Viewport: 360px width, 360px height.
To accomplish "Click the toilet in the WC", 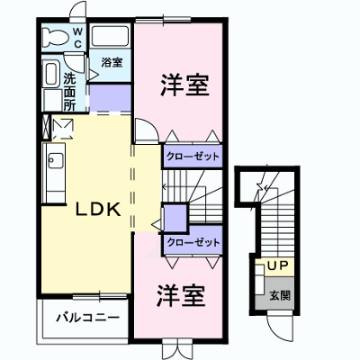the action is [55, 37].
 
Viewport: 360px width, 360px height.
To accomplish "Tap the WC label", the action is [77, 37].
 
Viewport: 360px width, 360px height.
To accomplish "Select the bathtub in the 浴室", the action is [110, 36].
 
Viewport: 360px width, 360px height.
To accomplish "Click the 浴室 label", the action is [112, 62].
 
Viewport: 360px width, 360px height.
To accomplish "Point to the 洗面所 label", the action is [69, 92].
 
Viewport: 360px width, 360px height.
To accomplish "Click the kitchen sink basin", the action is [56, 160].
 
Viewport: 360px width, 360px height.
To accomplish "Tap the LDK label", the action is [98, 210].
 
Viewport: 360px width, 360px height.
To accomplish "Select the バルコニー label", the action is [88, 318].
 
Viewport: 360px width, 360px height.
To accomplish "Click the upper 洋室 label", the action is [184, 85].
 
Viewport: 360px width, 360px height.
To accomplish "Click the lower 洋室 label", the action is [181, 295].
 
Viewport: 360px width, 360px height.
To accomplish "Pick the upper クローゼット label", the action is [193, 157].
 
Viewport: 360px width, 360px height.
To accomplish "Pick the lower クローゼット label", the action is [193, 242].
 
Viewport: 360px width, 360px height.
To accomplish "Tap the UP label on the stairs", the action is [277, 265].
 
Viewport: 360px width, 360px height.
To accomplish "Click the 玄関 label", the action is [280, 296].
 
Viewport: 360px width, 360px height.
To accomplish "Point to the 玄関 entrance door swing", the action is [281, 327].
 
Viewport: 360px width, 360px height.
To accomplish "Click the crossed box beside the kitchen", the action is [46, 127].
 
